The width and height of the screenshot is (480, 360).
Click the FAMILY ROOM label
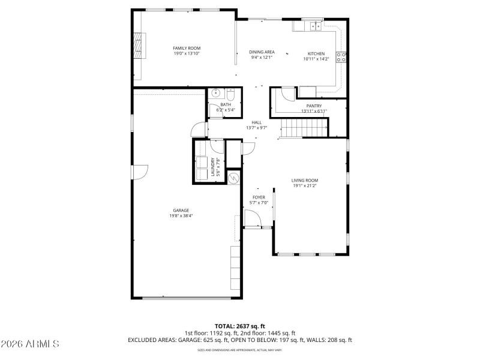pos(187,48)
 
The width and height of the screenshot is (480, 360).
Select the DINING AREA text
pos(262,52)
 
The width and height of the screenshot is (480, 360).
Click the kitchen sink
pos(313,26)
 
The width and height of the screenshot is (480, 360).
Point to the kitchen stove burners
pos(341,58)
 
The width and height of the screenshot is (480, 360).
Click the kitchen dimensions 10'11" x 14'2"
pos(316,58)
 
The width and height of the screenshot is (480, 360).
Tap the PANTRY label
pos(314,106)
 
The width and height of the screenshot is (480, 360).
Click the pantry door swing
pos(287,94)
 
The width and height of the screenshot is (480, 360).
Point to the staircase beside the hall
pos(303,128)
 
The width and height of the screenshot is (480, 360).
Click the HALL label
pos(256,122)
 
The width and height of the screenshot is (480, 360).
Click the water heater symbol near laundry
pos(233,178)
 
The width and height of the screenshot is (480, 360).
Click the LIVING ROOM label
pos(305,180)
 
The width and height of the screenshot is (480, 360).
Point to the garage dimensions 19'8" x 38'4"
pos(181,216)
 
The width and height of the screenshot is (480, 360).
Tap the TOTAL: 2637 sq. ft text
pos(239,326)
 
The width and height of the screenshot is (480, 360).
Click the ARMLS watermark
pos(30,344)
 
